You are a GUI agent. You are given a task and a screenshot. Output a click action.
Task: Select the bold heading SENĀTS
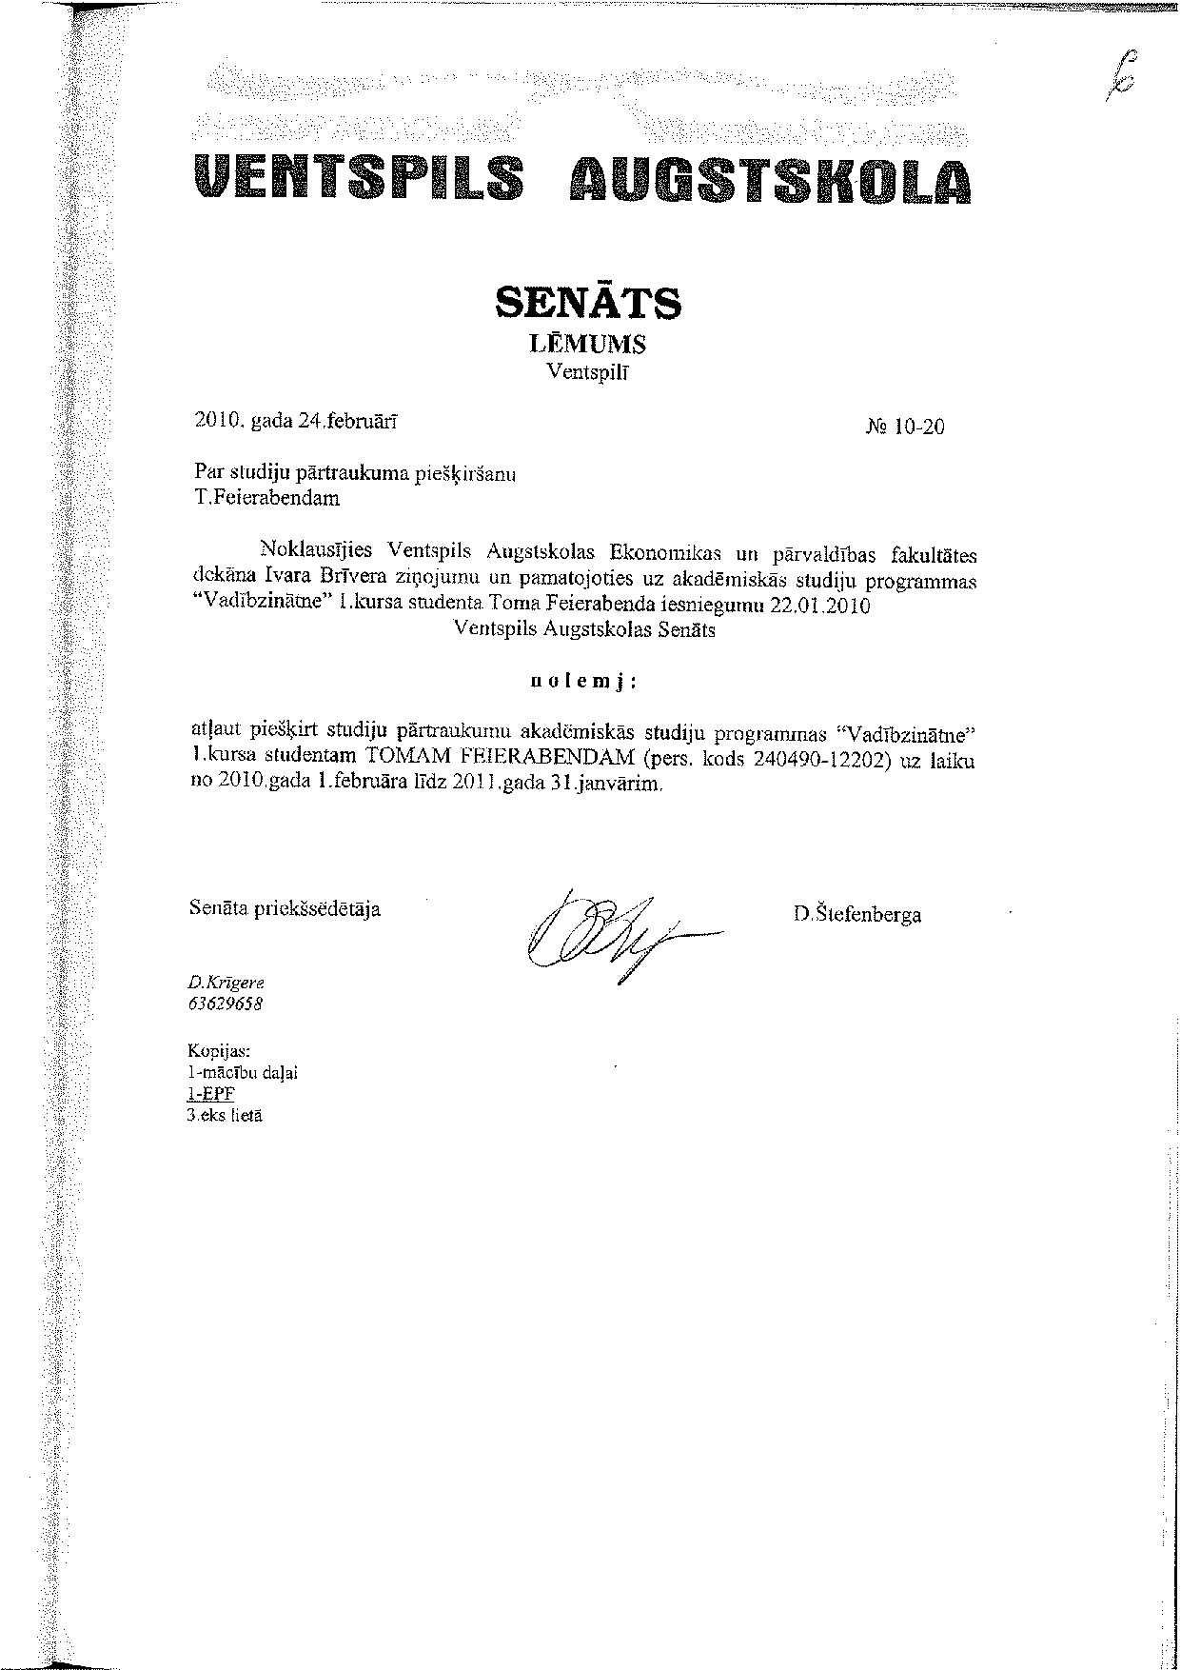(589, 302)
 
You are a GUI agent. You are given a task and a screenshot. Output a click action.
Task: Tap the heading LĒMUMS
(587, 345)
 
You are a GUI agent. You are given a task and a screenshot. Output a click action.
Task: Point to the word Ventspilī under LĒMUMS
(586, 372)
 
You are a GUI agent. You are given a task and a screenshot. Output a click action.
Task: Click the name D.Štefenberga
(856, 915)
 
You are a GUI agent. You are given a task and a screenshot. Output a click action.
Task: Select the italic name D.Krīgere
(226, 982)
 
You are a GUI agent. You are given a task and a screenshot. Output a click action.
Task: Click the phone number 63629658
(226, 1004)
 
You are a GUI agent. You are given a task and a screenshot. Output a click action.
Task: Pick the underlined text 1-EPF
(210, 1094)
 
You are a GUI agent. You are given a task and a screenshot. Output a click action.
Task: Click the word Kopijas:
(220, 1051)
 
